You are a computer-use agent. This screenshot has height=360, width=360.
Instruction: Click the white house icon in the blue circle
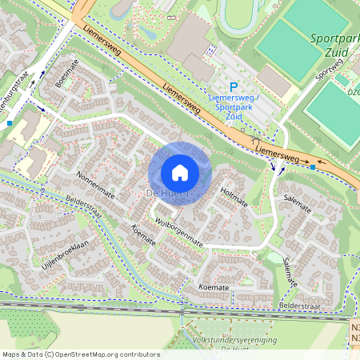point(180,173)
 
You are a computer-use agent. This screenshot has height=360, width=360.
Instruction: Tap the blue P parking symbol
point(234,87)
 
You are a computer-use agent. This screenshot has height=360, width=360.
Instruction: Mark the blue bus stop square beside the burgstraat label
point(9,123)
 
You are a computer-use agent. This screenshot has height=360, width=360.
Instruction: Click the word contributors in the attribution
point(135,354)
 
